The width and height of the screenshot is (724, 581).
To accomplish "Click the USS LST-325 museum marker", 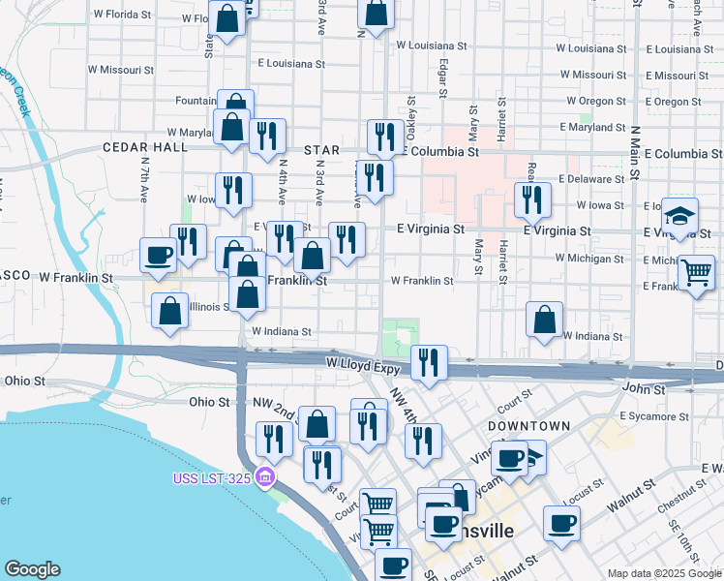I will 267,479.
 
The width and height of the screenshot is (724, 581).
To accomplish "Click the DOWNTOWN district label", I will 528,426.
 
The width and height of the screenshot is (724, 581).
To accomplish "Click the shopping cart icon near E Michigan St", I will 696,274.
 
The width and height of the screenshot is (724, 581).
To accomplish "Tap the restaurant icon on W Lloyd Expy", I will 429,363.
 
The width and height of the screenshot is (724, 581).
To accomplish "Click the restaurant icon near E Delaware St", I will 531,200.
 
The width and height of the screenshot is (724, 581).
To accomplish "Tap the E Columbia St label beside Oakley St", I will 441,152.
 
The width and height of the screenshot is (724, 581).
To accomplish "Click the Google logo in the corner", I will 32,569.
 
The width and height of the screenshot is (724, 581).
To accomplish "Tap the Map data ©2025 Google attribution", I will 664,573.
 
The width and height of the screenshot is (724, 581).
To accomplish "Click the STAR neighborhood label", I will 322,150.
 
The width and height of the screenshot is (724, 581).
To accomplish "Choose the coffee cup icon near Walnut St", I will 560,525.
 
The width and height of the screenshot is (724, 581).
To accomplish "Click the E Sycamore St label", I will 654,416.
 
